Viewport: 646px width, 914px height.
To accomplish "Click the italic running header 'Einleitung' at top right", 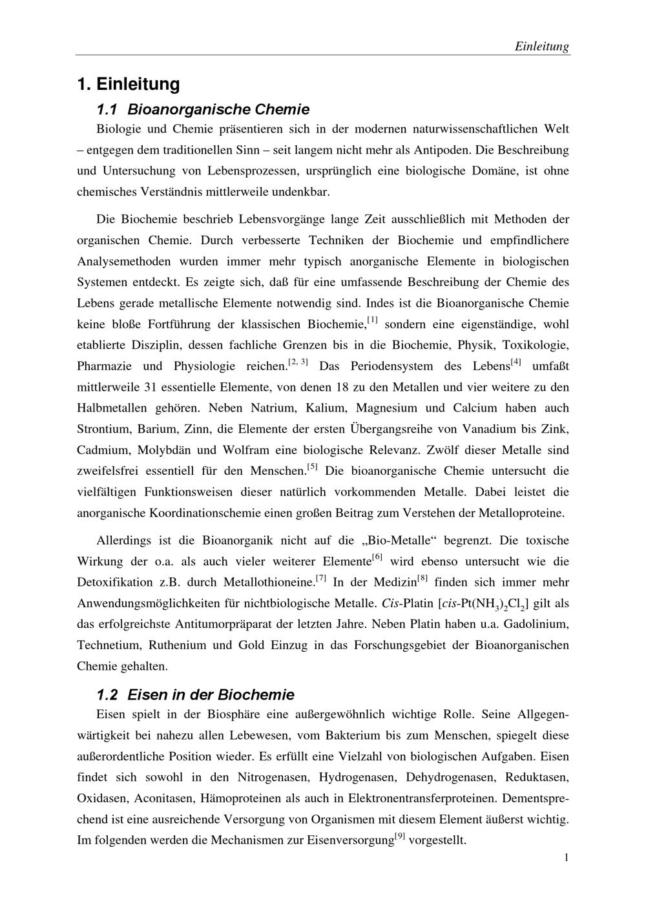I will [x=541, y=47].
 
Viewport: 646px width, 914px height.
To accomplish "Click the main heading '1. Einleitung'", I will [x=128, y=84].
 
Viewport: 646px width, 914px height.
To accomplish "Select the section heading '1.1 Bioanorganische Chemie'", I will [x=203, y=109].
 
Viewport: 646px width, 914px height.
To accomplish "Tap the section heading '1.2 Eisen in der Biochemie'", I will [x=195, y=694].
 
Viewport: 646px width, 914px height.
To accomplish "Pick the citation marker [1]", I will [x=372, y=320].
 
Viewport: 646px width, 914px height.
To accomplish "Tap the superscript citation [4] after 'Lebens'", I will [x=516, y=362].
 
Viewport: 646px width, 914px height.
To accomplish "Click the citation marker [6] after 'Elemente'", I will [x=378, y=557].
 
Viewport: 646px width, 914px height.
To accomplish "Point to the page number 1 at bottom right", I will [x=566, y=857].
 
